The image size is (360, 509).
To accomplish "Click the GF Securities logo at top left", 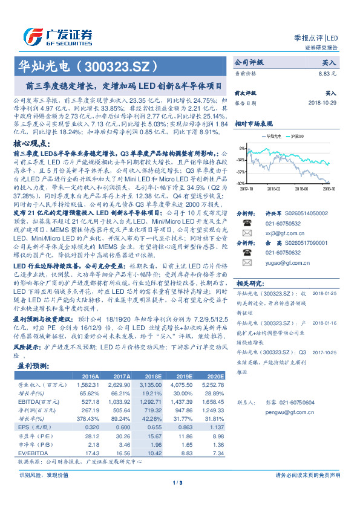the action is [57, 36].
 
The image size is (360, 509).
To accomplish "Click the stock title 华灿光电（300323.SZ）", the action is [90, 65].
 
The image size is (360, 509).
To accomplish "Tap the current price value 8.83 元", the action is [327, 73].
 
